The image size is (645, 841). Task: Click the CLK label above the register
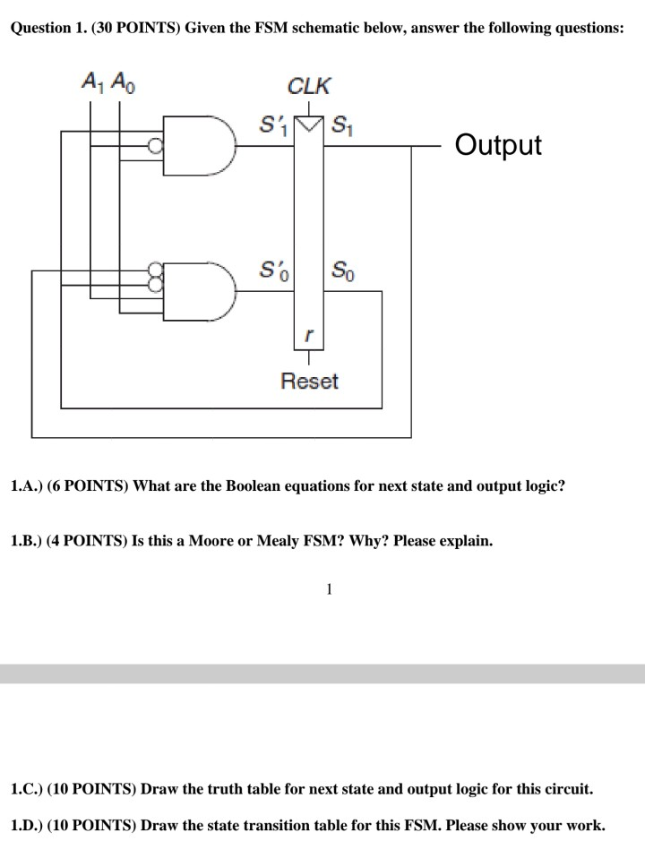pyautogui.click(x=308, y=87)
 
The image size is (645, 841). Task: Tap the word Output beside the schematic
pyautogui.click(x=498, y=145)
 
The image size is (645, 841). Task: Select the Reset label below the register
pyautogui.click(x=309, y=382)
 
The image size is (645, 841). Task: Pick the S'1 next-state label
pyautogui.click(x=271, y=123)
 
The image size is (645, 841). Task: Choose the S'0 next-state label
pyautogui.click(x=271, y=269)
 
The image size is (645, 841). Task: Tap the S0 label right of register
pyautogui.click(x=342, y=269)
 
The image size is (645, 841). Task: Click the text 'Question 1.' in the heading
pyautogui.click(x=46, y=28)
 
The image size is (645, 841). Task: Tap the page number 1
pyautogui.click(x=330, y=588)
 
